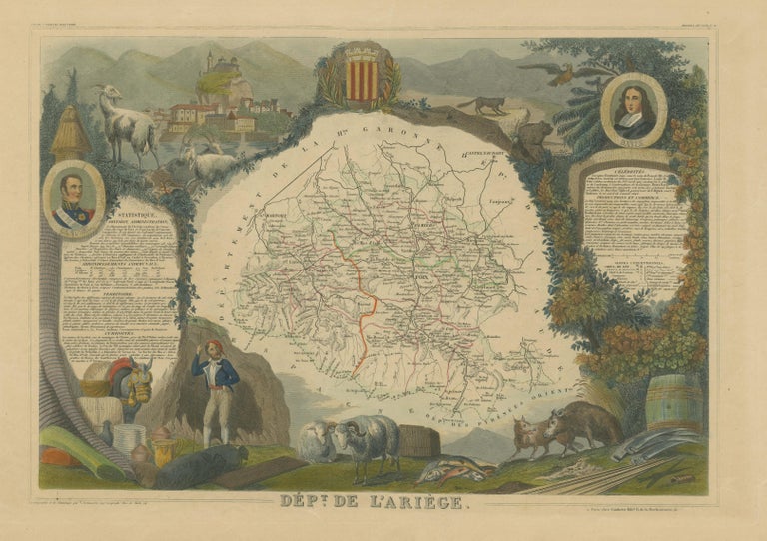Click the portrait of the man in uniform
(x=74, y=198)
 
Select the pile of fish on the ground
(x=446, y=467)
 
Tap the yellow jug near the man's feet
(x=163, y=450)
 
